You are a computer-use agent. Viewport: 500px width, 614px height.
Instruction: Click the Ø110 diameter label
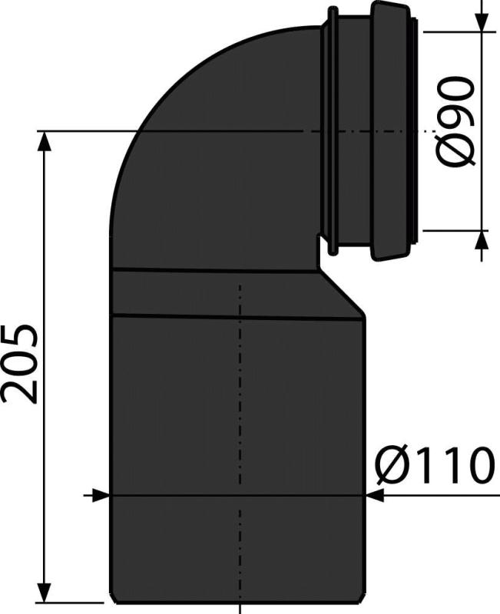(x=434, y=466)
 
